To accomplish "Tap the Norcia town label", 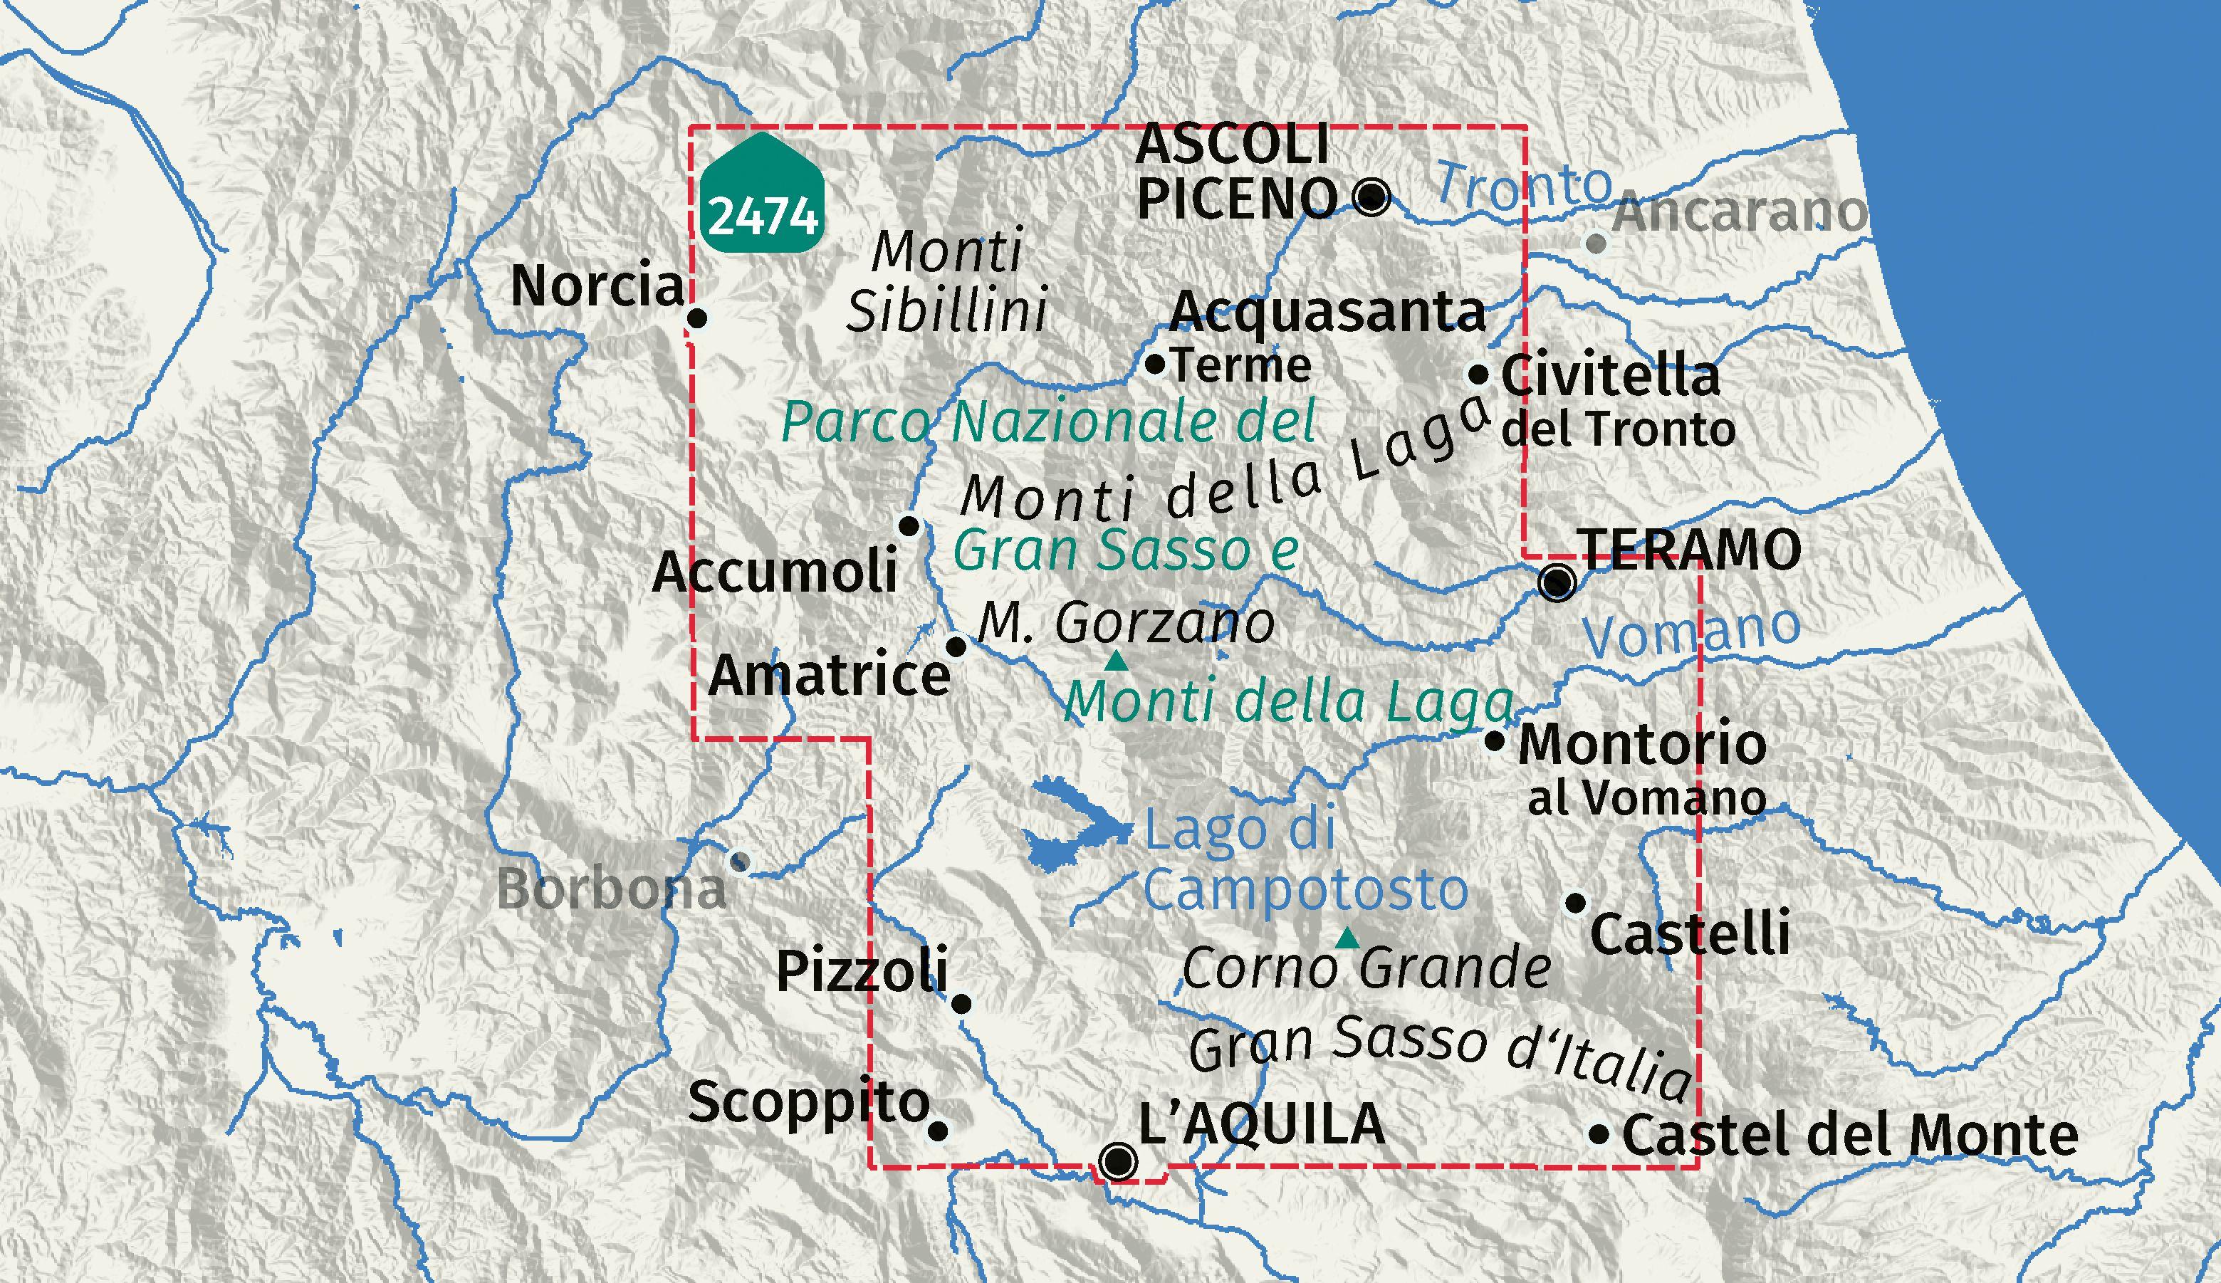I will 597,286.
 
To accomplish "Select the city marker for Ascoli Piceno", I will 1371,197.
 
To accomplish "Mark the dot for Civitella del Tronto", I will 1479,375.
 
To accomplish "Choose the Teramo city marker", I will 1557,582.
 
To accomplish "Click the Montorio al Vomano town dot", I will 1495,740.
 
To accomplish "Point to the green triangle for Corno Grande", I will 1347,938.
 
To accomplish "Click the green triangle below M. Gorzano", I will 1117,660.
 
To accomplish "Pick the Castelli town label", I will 1690,934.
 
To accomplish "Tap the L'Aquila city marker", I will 1119,1161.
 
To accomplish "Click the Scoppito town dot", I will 939,1131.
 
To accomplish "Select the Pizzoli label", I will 861,970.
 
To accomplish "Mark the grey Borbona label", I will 612,889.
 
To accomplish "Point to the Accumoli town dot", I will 909,527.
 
